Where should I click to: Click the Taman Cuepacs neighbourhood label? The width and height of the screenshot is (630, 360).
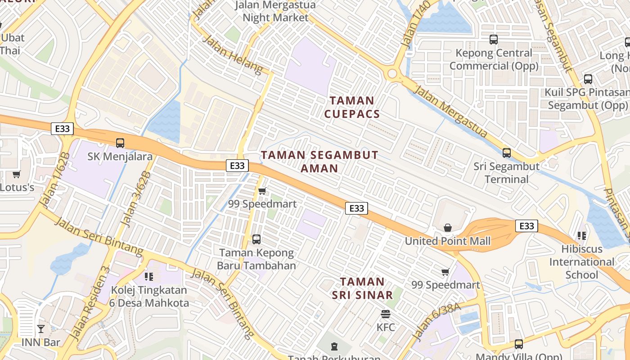point(352,107)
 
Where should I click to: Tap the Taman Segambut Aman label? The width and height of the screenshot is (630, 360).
point(319,162)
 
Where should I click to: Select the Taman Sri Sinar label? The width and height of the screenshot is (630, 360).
point(362,288)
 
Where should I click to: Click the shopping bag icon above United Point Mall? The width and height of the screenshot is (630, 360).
point(447,228)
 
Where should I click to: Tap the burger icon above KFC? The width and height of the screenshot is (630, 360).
point(385,314)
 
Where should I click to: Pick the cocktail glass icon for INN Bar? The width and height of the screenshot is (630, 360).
point(41,329)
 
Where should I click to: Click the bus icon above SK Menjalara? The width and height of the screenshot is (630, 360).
point(120,143)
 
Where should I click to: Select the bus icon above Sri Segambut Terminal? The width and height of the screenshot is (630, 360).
point(507,153)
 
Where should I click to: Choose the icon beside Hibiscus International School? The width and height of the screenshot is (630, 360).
point(582,236)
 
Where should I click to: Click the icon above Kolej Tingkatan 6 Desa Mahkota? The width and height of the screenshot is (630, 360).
point(149,276)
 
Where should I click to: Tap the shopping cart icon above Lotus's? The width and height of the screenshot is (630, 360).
point(17,174)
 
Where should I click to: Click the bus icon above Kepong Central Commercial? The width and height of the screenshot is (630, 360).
point(494,40)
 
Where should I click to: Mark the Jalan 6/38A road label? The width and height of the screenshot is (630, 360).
point(436,321)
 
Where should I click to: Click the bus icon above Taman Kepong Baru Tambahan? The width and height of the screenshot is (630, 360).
point(256,239)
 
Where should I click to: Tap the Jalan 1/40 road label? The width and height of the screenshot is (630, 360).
point(415,25)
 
